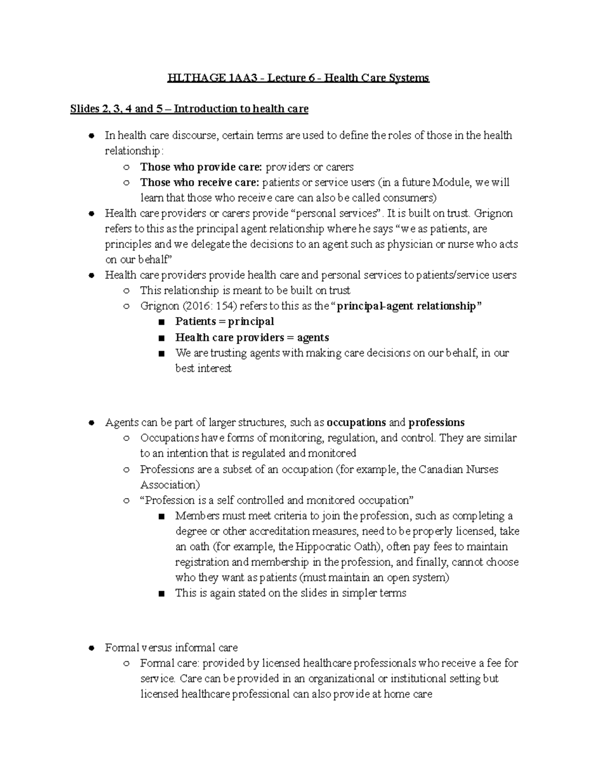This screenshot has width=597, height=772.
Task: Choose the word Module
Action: pos(451,182)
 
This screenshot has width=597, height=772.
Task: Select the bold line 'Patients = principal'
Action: pos(224,322)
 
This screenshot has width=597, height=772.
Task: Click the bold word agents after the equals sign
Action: pos(313,338)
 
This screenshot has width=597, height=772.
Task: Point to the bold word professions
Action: pos(436,423)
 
